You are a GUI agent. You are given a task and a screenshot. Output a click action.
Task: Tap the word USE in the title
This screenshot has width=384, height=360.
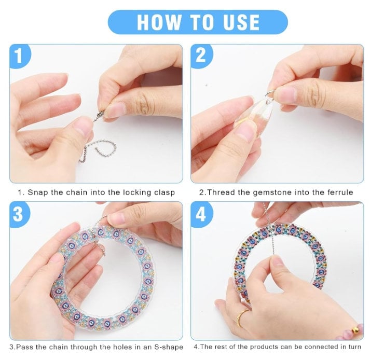[x=241, y=22]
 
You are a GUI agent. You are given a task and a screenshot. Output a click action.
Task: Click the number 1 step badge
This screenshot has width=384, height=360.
[x=20, y=57]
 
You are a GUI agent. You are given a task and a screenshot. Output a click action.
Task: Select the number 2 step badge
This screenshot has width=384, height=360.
[x=201, y=56]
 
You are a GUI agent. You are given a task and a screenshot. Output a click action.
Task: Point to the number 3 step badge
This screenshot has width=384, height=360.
[x=19, y=214]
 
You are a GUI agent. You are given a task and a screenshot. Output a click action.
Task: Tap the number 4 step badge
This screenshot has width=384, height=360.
[x=201, y=214]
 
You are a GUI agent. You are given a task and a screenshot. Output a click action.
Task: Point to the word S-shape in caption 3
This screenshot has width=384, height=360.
[x=169, y=347]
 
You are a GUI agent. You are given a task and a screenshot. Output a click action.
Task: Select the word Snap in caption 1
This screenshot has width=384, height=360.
[x=37, y=192]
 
